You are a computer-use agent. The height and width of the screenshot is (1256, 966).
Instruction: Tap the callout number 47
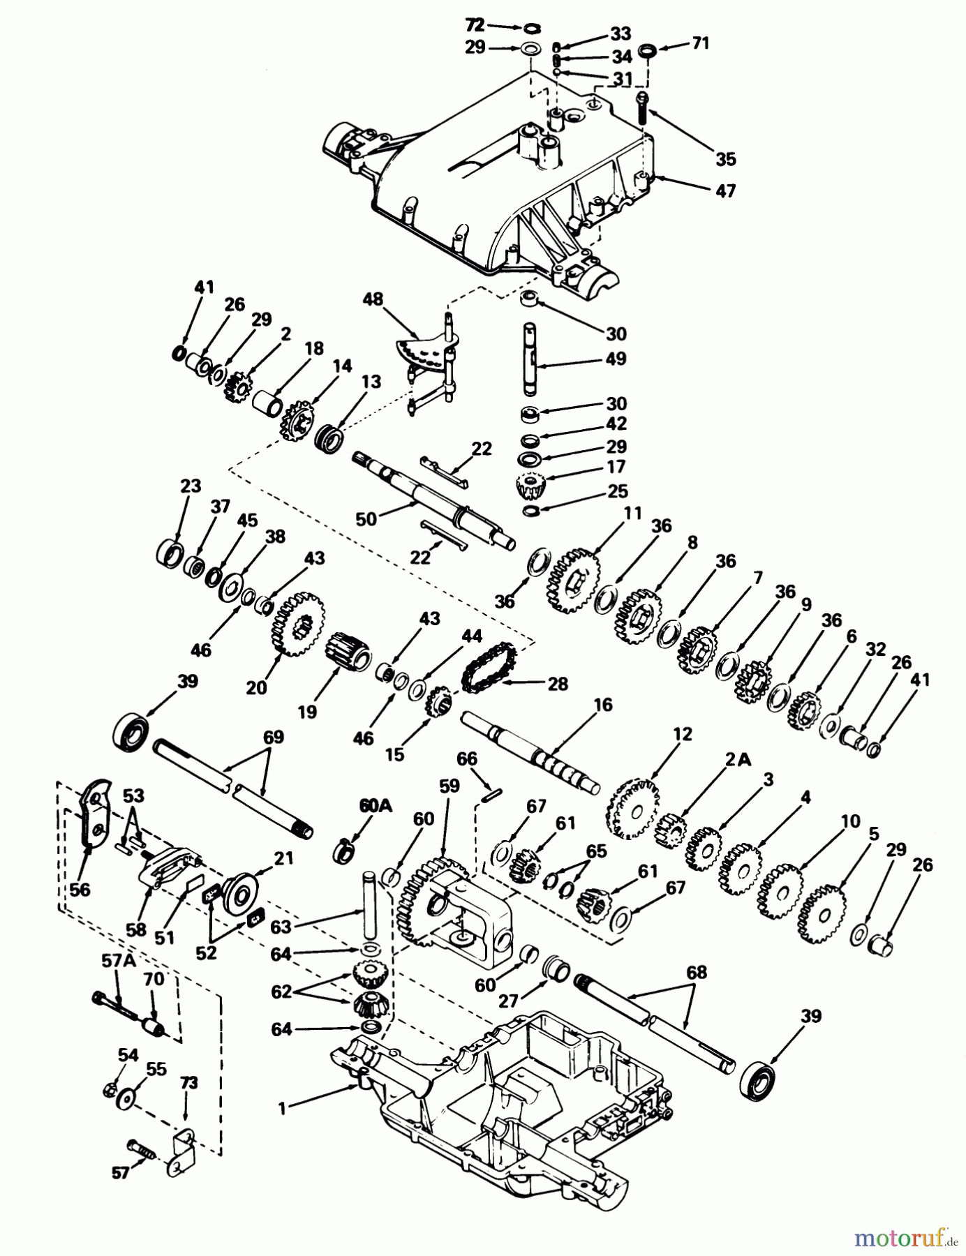[726, 190]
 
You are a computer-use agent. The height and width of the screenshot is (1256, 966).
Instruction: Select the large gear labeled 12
[634, 809]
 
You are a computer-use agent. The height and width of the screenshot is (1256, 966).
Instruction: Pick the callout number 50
[366, 519]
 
